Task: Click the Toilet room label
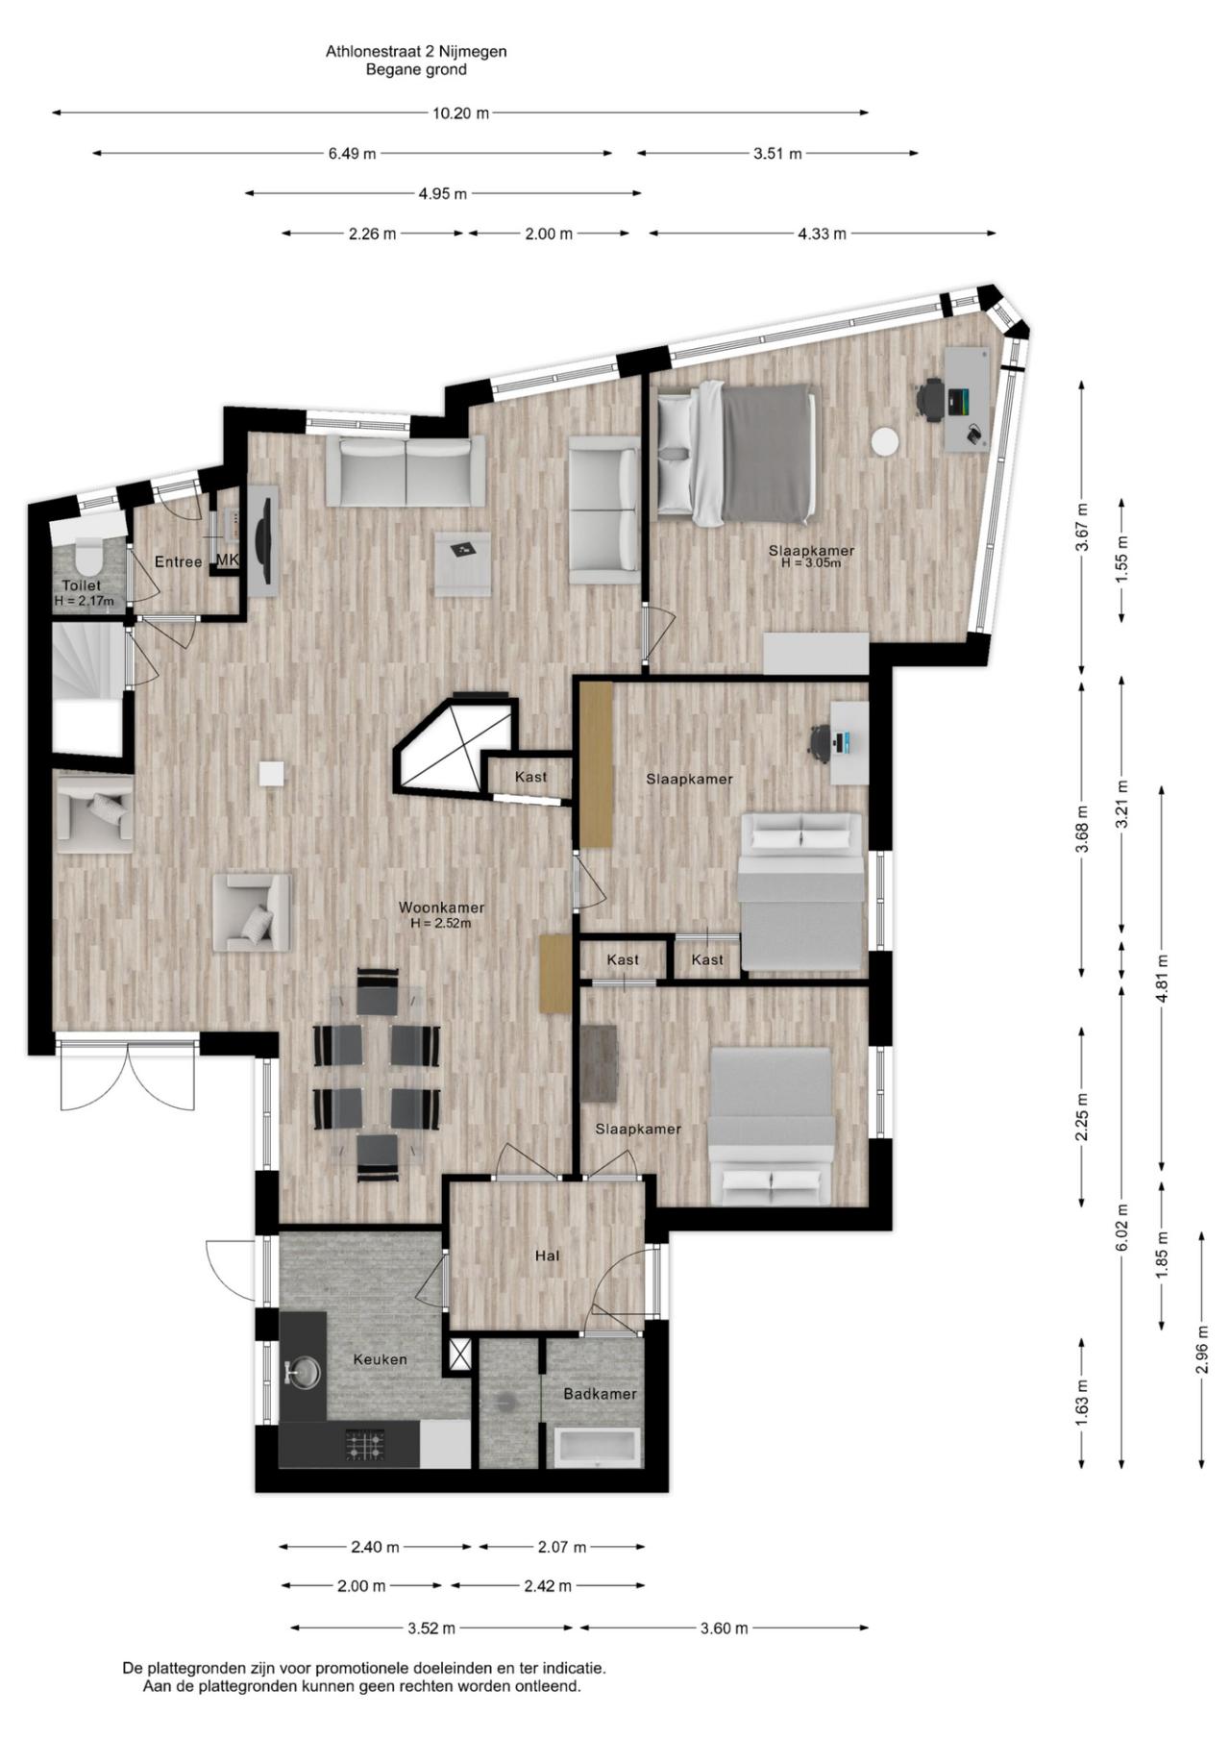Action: point(82,585)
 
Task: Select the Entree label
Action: point(179,562)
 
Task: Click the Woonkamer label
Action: point(441,907)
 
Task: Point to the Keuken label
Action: point(380,1359)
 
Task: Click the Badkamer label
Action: point(600,1394)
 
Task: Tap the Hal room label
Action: point(548,1255)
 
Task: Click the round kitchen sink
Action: point(304,1372)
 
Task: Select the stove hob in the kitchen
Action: point(365,1445)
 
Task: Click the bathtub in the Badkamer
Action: point(598,1448)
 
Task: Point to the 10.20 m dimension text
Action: point(460,112)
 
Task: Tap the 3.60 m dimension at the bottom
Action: point(724,1628)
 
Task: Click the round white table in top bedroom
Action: point(885,441)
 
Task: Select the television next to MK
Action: point(264,541)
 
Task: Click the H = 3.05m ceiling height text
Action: point(811,563)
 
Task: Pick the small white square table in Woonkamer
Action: point(272,774)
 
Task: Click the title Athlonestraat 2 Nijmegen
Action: point(416,52)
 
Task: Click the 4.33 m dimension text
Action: point(823,234)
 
